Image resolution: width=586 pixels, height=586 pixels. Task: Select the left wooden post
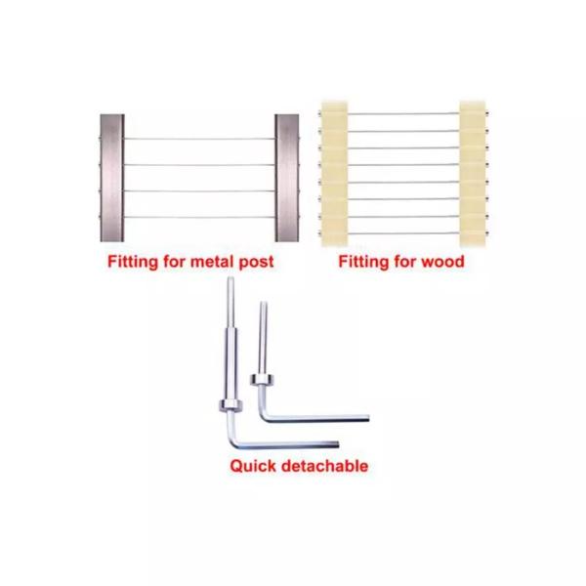[332, 171]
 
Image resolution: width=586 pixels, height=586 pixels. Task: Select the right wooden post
[474, 171]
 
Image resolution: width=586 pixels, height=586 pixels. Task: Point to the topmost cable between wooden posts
[402, 114]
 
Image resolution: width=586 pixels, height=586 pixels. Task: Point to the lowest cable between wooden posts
[402, 227]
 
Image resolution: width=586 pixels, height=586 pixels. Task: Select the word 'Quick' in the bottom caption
[253, 466]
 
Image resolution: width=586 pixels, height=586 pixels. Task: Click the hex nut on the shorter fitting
[262, 376]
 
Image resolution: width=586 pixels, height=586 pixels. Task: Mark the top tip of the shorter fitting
[263, 306]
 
